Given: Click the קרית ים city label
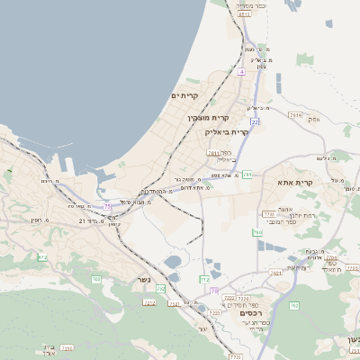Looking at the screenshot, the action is tap(184, 95).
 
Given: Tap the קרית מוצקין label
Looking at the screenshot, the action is tap(209, 117).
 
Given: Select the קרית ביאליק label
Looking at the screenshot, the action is tap(226, 131).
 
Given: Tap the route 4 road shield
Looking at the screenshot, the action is tap(242, 69).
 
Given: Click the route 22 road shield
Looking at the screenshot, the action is tap(255, 121).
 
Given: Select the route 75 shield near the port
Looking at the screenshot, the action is tap(107, 206).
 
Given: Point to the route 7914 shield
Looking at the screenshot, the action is tap(295, 114).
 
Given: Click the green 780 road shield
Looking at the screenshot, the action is tap(257, 232).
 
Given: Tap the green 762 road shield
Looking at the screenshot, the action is tap(204, 279).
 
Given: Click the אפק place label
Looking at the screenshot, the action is tap(313, 119).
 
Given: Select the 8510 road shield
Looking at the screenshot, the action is tap(244, 13).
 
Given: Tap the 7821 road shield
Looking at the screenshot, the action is tap(277, 271).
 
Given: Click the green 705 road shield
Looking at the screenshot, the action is tap(96, 279).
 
